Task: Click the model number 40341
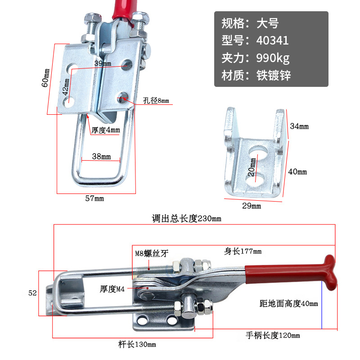click(272, 40)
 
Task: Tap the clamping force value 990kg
click(273, 58)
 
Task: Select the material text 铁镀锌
click(274, 75)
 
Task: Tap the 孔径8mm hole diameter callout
click(156, 100)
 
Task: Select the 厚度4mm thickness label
click(106, 130)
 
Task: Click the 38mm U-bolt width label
click(101, 157)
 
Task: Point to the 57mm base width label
click(94, 198)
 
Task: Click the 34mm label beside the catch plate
click(299, 126)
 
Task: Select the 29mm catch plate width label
click(252, 206)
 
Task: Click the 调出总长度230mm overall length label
click(187, 219)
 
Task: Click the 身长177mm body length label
click(243, 251)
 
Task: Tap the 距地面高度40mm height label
click(289, 303)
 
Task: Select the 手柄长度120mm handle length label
click(273, 335)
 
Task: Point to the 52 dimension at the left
click(32, 293)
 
